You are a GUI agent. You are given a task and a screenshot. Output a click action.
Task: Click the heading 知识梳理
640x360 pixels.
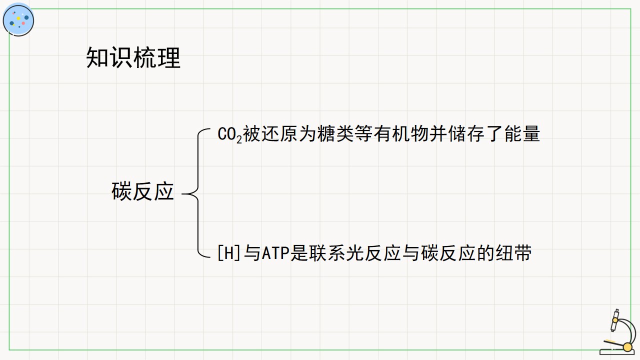click(133, 57)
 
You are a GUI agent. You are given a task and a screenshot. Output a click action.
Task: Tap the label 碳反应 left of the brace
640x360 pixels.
click(142, 191)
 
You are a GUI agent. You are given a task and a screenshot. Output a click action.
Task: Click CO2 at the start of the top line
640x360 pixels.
click(229, 134)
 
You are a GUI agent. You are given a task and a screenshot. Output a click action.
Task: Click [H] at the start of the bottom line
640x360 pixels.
click(228, 253)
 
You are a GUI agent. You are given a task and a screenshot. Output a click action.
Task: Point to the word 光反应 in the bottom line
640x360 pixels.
click(373, 253)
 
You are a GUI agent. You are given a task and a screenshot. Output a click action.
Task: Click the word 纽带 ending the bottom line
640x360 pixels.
click(513, 253)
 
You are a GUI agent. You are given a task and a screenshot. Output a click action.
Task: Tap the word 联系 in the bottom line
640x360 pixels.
click(317, 253)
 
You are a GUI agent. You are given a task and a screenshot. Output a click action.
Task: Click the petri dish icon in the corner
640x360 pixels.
click(18, 19)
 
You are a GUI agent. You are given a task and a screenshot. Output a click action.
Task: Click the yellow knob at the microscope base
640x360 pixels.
click(627, 347)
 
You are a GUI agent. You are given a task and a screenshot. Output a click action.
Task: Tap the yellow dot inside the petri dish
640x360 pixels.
click(18, 18)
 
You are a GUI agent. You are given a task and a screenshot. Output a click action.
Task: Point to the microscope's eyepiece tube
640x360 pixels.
click(614, 320)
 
